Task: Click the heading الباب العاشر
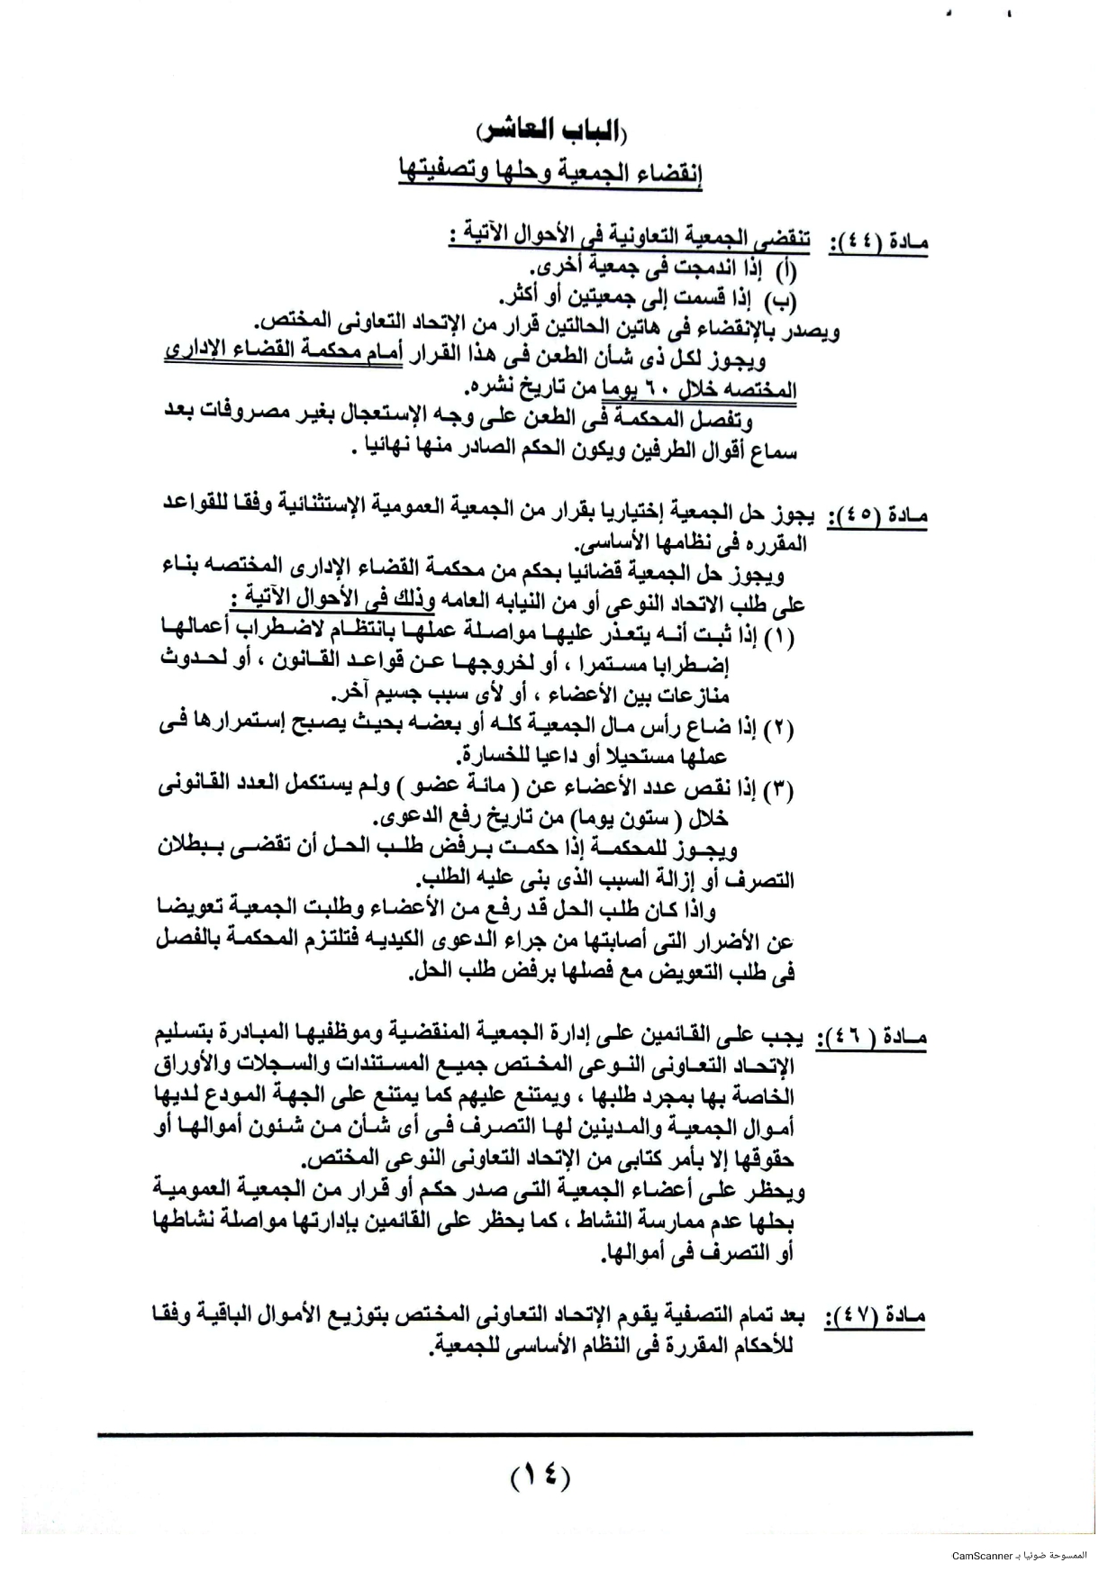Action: click(551, 130)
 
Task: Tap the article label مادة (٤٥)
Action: click(877, 516)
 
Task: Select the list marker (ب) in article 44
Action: click(786, 298)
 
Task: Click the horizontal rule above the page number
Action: click(535, 1433)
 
